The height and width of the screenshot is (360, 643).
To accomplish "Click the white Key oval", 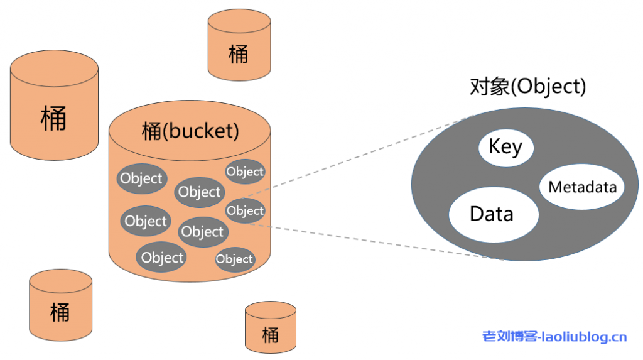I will pyautogui.click(x=505, y=148).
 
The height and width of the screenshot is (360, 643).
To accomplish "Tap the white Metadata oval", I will pyautogui.click(x=582, y=187).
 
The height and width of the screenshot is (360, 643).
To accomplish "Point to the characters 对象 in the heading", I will pyautogui.click(x=489, y=87).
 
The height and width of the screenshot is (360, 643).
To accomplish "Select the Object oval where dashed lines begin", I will pyautogui.click(x=245, y=210).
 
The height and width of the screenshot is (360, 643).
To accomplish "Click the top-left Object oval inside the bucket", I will pyautogui.click(x=141, y=178).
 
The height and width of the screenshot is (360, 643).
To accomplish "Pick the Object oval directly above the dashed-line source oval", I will pyautogui.click(x=245, y=172).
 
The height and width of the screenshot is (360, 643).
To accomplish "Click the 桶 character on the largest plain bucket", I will pyautogui.click(x=53, y=117).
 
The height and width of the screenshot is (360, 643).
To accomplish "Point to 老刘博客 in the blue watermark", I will pyautogui.click(x=509, y=337).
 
